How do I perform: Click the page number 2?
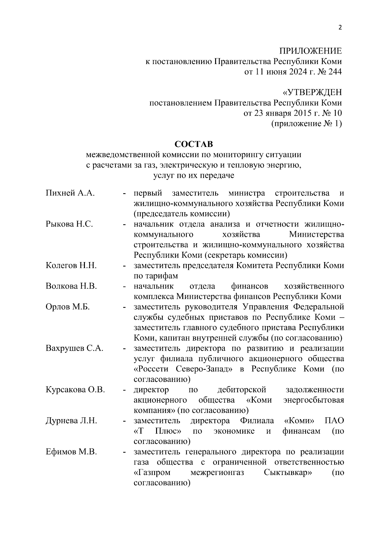340,27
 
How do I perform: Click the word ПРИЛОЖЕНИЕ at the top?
311,51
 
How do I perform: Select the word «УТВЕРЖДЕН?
312,92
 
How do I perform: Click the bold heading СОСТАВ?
193,144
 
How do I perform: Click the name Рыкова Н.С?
69,224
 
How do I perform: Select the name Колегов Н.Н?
71,266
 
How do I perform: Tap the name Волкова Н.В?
71,286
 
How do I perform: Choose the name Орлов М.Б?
68,307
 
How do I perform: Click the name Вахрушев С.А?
74,348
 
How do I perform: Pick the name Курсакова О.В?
75,390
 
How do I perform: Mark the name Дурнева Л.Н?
71,421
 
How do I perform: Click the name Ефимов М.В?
71,452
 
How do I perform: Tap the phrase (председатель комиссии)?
182,214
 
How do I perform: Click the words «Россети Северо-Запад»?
183,369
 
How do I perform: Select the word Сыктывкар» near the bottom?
288,472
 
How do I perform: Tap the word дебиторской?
242,390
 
